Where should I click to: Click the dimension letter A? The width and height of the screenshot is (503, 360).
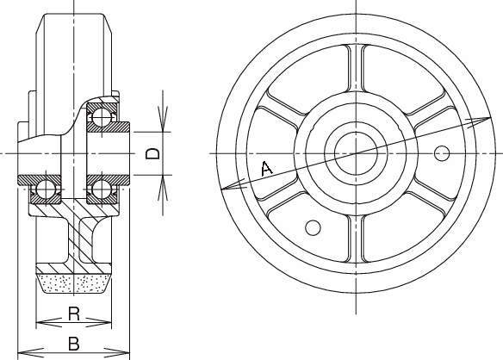[x=267, y=169]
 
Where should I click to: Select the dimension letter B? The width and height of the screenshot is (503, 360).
[x=74, y=344]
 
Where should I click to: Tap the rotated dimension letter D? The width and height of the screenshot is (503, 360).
[x=152, y=153]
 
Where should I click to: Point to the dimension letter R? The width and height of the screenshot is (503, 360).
[x=74, y=313]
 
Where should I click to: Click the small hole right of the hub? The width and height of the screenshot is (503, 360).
[x=441, y=153]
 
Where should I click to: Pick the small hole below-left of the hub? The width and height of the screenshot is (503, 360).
[x=313, y=227]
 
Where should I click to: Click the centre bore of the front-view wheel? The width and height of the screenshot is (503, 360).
[x=356, y=153]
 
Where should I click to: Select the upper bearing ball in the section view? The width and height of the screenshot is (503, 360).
[x=102, y=117]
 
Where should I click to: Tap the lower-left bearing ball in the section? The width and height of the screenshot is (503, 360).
[x=46, y=189]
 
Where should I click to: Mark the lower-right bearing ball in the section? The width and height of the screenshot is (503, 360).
[x=102, y=189]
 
